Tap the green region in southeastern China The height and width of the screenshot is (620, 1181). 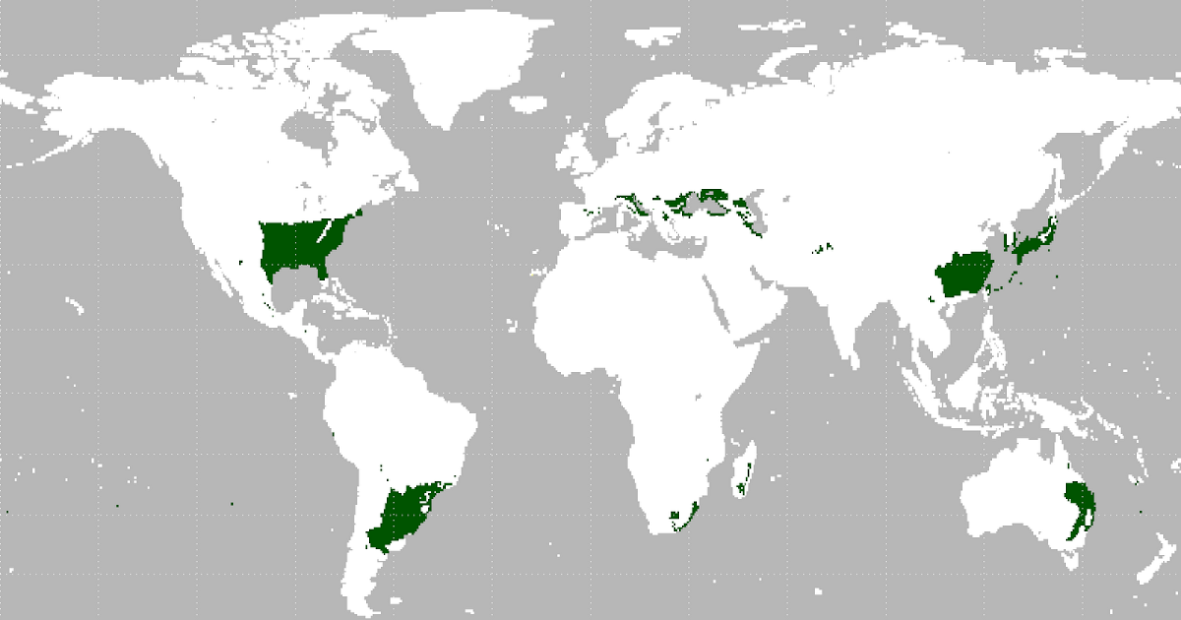tap(964, 276)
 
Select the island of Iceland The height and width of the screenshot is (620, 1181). tap(531, 104)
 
